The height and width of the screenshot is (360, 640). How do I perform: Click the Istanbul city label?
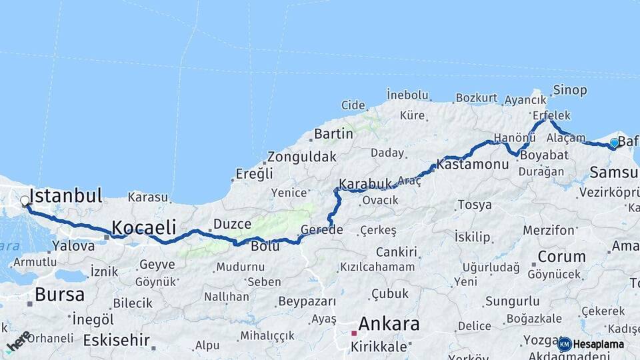(66, 195)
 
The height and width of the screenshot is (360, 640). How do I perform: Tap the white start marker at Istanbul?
(25, 201)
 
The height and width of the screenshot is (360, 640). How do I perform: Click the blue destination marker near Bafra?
(614, 143)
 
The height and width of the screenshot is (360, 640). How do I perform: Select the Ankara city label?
(389, 325)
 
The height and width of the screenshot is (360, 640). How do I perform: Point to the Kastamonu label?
(473, 163)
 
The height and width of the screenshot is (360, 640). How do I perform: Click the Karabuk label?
(365, 183)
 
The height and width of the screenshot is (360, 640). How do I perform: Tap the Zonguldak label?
(301, 158)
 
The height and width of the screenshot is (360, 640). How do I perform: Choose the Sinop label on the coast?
(570, 90)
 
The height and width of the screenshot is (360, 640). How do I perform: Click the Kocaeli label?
(143, 227)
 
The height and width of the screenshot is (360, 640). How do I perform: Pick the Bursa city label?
(59, 294)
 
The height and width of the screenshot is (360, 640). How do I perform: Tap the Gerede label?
(321, 230)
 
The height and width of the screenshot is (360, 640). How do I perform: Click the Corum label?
(561, 257)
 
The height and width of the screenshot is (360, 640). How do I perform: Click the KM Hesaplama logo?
(591, 344)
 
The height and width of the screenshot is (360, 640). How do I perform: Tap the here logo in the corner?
(18, 342)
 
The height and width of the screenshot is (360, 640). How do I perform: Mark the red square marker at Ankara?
(354, 333)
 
